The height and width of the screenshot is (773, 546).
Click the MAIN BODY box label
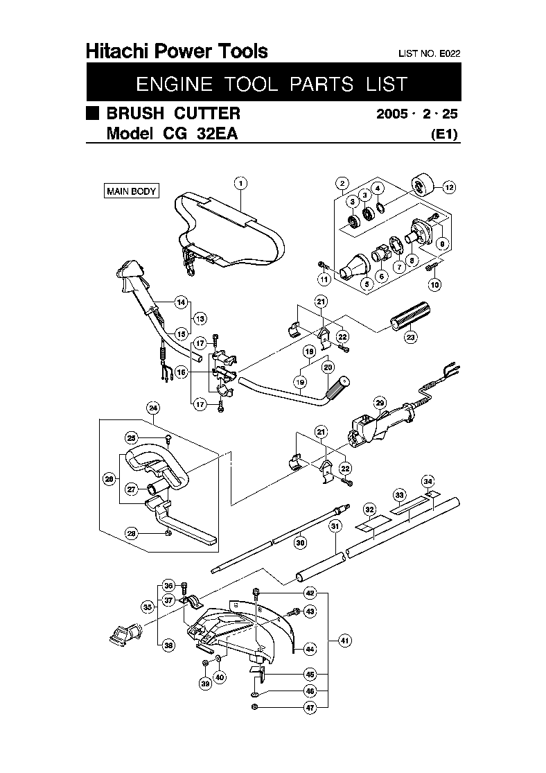click(132, 191)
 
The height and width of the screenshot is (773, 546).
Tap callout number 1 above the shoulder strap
click(240, 184)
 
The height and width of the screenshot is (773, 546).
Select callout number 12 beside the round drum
click(449, 187)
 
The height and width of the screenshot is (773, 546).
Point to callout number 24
click(153, 408)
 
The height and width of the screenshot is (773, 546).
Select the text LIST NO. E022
click(429, 54)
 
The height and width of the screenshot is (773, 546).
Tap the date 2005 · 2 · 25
click(417, 114)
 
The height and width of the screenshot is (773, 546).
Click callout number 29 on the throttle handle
click(380, 403)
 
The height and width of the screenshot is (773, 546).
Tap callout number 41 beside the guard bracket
click(345, 641)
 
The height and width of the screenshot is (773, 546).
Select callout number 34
click(428, 481)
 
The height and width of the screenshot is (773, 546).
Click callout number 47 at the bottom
click(310, 708)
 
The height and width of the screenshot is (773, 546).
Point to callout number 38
click(168, 645)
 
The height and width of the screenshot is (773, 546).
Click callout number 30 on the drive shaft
click(300, 543)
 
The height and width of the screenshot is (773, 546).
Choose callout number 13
click(200, 318)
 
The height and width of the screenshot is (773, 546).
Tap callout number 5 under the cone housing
click(367, 284)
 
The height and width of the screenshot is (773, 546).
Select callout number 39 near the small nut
click(206, 684)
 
